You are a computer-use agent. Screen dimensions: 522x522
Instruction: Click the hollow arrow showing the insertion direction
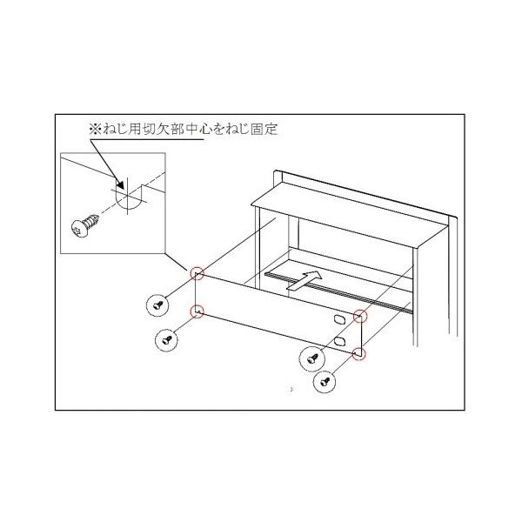[303, 279]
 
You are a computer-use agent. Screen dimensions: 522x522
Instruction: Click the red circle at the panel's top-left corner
[198, 275]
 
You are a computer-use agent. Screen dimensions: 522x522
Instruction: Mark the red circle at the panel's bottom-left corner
[198, 311]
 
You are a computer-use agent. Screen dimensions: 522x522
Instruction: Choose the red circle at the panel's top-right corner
[361, 315]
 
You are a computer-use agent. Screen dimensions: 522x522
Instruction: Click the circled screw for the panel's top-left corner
[157, 304]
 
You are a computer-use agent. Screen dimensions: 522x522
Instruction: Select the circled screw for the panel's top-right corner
[310, 357]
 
